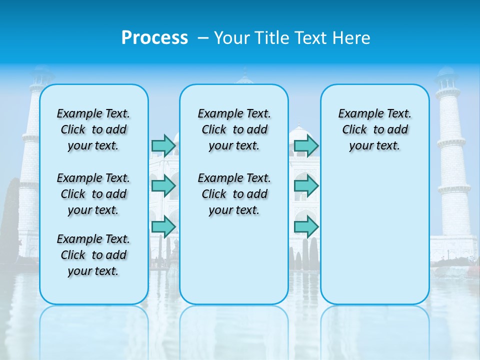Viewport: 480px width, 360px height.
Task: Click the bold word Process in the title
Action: (154, 38)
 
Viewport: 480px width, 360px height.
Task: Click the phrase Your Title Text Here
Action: (292, 38)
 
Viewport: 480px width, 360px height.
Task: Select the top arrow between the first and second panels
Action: (163, 145)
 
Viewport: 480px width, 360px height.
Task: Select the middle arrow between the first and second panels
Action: (163, 186)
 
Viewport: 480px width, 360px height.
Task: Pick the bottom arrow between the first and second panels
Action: (163, 227)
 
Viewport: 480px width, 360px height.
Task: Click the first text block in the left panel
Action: (93, 129)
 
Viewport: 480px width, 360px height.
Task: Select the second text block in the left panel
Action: (93, 194)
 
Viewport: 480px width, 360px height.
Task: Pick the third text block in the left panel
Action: (93, 255)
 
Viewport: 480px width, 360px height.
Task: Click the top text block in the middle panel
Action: (234, 129)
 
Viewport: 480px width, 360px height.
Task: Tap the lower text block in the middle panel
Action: (234, 194)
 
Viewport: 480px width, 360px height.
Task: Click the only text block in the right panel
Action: (374, 129)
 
